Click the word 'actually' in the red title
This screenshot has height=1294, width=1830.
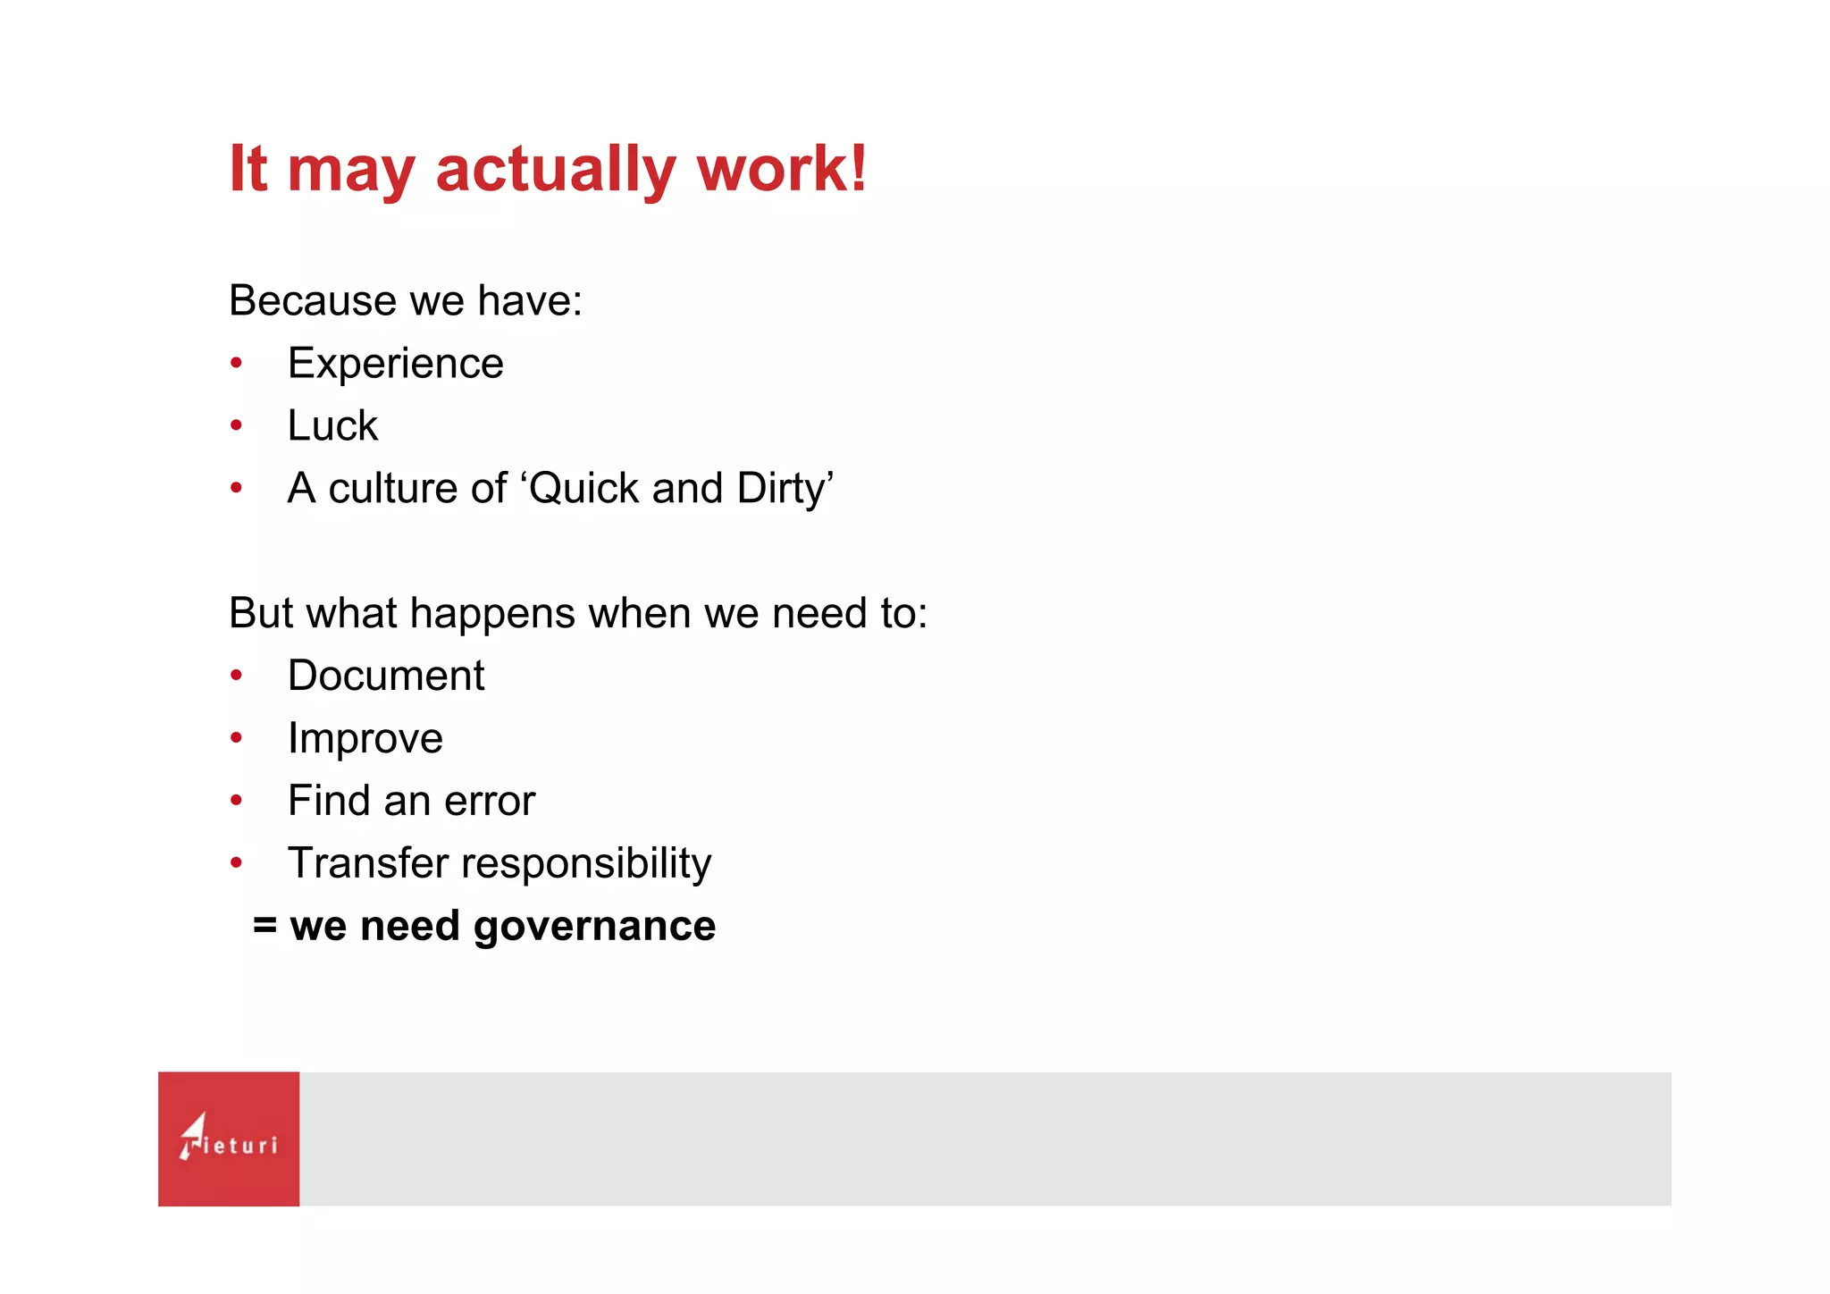554,170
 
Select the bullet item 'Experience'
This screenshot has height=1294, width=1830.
395,364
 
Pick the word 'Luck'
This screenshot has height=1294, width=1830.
332,425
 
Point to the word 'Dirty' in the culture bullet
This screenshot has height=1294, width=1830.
781,489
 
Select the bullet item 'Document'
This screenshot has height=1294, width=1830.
386,676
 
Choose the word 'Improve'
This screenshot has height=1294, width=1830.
365,738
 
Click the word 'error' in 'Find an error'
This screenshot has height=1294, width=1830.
490,801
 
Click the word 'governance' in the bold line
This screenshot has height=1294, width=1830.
594,927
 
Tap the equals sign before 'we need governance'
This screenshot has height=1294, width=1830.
264,926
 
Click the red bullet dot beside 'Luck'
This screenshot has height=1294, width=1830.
236,426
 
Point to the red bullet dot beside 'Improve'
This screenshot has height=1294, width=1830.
236,738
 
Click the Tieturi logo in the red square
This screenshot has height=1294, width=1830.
229,1139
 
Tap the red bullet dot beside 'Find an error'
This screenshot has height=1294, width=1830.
236,801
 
